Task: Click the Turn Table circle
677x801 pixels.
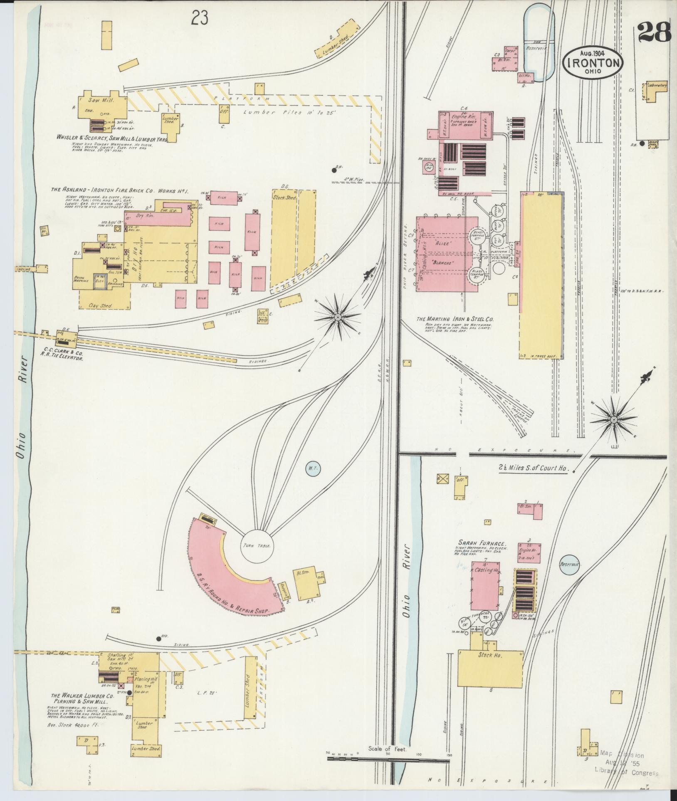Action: [x=257, y=546]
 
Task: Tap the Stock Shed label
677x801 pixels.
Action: [x=284, y=197]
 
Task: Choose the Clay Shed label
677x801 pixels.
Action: [x=101, y=306]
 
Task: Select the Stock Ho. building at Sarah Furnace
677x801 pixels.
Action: [x=490, y=668]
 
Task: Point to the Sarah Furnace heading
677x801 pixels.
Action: [x=482, y=543]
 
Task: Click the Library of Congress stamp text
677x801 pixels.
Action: [x=626, y=773]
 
